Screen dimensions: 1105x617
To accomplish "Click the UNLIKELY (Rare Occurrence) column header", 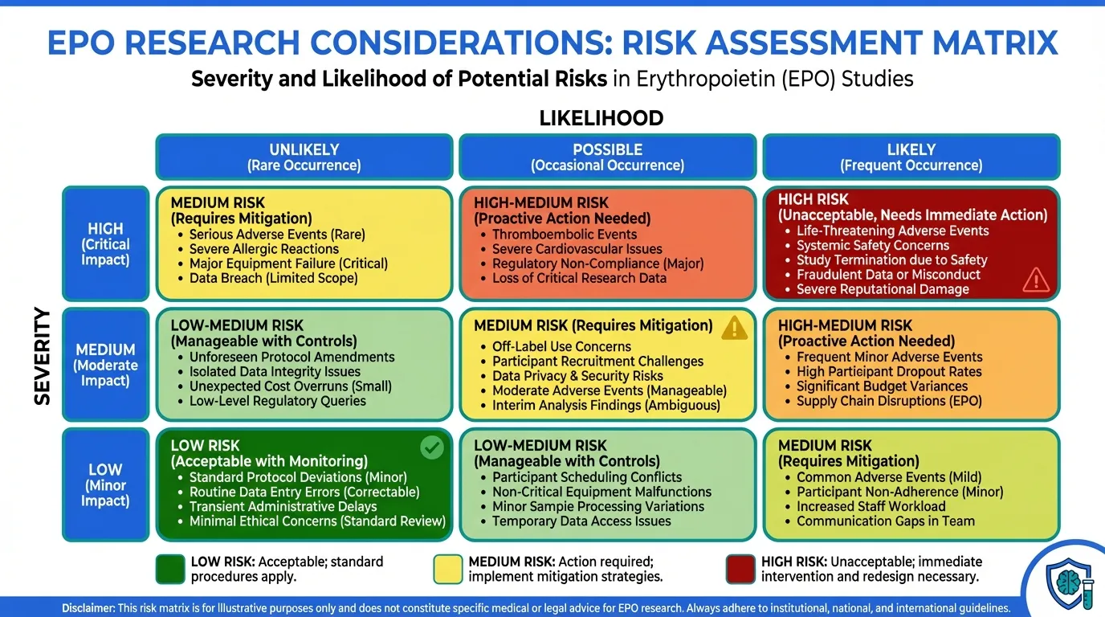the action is click(x=304, y=157).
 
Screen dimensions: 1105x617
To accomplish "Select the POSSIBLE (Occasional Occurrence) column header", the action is click(x=607, y=157).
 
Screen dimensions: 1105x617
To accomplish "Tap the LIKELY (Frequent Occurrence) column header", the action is click(x=911, y=157).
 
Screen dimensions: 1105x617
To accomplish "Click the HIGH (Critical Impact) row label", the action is click(x=105, y=244).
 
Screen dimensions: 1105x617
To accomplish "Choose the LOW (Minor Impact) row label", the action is click(x=105, y=484).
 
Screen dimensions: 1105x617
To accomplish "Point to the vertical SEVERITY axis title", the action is click(x=43, y=356).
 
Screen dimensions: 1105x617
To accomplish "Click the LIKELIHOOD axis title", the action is click(x=601, y=118).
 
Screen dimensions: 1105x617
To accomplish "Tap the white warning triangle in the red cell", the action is click(x=1036, y=280).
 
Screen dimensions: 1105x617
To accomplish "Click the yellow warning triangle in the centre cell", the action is click(x=734, y=329).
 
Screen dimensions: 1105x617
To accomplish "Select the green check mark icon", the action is click(x=432, y=447).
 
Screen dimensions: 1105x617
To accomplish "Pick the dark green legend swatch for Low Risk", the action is click(x=170, y=569).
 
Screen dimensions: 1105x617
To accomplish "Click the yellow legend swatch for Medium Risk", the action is click(x=448, y=569).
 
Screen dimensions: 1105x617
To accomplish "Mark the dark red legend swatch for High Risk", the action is click(x=740, y=569).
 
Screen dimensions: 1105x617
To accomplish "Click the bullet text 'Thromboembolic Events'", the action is click(x=565, y=235).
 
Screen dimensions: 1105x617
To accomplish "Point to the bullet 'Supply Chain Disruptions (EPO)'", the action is click(x=889, y=401).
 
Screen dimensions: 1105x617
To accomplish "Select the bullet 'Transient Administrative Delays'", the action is click(x=283, y=506).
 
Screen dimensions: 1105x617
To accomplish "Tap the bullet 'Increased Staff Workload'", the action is click(x=871, y=506).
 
